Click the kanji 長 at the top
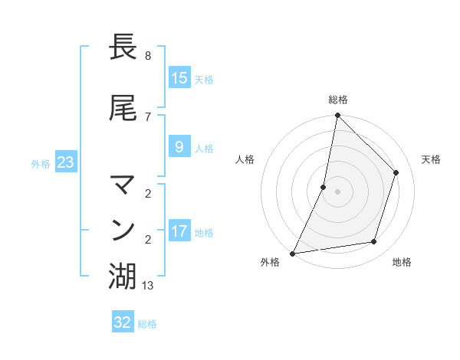tap(123, 47)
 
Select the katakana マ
tap(123, 185)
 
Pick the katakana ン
tap(123, 231)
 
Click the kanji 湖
tap(123, 277)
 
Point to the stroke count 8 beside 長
tap(147, 56)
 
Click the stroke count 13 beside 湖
tap(149, 286)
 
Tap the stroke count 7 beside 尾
tap(147, 116)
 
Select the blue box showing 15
tap(179, 77)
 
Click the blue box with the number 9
tap(179, 147)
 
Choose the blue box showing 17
tap(179, 231)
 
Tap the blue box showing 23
tap(65, 162)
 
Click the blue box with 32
tap(123, 322)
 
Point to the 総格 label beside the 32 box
tap(147, 324)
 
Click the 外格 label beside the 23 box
tap(41, 163)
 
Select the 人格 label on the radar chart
tap(245, 159)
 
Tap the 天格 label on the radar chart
tap(431, 159)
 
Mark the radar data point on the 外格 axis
tap(292, 253)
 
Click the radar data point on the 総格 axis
tap(337, 116)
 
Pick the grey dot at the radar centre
tap(337, 191)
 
